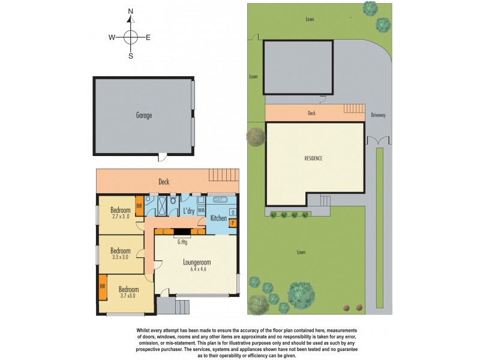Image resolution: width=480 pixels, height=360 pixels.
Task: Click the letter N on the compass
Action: click(x=131, y=11)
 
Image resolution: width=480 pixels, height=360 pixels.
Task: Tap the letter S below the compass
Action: click(x=131, y=56)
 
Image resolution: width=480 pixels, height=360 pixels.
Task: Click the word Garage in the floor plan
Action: click(x=143, y=115)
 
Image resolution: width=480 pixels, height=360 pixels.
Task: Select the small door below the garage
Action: click(x=161, y=157)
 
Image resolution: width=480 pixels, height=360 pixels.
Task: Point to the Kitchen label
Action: click(x=218, y=218)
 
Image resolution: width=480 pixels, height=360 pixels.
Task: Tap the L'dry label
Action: click(x=188, y=211)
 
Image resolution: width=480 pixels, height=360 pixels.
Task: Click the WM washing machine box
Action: click(x=201, y=211)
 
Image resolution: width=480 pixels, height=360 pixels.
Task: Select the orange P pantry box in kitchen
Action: click(x=233, y=223)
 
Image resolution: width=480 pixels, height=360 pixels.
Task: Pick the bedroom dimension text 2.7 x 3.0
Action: click(x=120, y=217)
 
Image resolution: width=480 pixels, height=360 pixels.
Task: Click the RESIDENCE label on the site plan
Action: click(x=313, y=158)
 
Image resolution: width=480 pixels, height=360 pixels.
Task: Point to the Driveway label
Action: click(x=378, y=115)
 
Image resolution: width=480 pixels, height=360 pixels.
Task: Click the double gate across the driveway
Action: click(x=379, y=140)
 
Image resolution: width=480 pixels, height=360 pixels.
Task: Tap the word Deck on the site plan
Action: click(x=311, y=113)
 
